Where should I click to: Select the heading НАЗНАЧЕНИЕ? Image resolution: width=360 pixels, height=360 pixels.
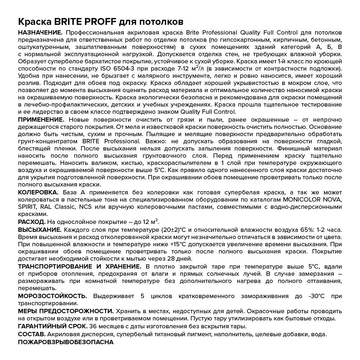point(40,33)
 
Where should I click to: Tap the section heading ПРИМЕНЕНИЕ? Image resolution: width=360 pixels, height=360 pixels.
point(41,120)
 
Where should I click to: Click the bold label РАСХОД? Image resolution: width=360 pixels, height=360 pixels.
point(32,222)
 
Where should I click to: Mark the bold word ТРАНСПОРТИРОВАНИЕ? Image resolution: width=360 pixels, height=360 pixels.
point(54,266)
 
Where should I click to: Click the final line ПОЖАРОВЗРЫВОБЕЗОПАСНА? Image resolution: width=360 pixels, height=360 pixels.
point(66,342)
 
